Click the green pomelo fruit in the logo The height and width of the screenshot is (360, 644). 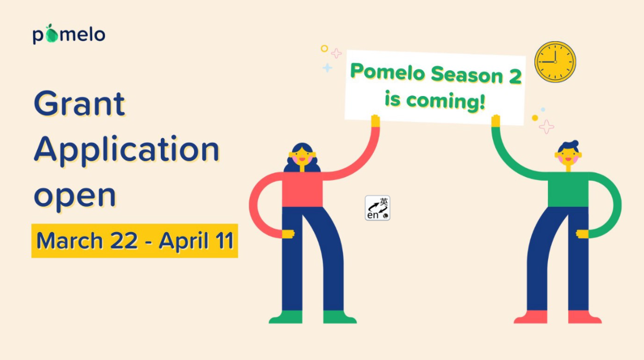52,34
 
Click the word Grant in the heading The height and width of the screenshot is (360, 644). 79,103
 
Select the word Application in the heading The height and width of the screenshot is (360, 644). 126,151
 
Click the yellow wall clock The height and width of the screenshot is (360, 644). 555,62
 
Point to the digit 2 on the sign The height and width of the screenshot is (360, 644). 515,77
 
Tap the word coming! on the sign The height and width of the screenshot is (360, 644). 446,101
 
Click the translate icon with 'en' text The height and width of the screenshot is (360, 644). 377,208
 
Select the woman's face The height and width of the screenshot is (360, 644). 302,158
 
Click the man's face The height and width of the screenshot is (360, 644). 568,158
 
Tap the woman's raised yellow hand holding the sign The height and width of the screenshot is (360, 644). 375,121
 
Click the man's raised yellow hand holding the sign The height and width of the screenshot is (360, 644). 496,121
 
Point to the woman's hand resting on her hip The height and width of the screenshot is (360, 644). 288,234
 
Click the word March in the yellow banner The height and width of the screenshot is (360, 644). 69,241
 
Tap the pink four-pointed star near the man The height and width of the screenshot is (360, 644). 546,127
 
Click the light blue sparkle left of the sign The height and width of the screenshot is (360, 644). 327,68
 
